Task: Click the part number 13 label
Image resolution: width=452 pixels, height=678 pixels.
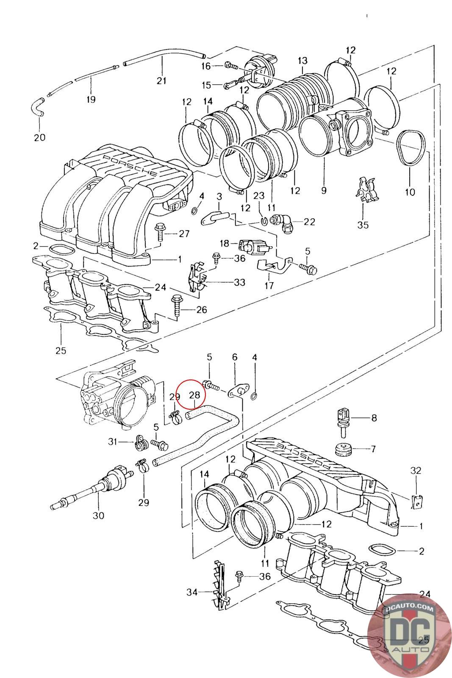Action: pos(302,61)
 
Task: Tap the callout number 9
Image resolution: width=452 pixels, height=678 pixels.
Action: pos(324,190)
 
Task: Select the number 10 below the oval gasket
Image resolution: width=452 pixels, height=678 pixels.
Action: pos(410,192)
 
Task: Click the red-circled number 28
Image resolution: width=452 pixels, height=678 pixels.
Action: pos(194,395)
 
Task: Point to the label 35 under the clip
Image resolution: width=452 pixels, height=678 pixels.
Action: pos(363,225)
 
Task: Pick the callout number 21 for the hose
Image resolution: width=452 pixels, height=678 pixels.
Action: pos(161,81)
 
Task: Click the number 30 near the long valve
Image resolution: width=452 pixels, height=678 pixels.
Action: pos(98,515)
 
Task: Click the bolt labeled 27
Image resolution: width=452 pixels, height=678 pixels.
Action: pos(159,232)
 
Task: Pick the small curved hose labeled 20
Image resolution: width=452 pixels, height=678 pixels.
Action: pos(37,107)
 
